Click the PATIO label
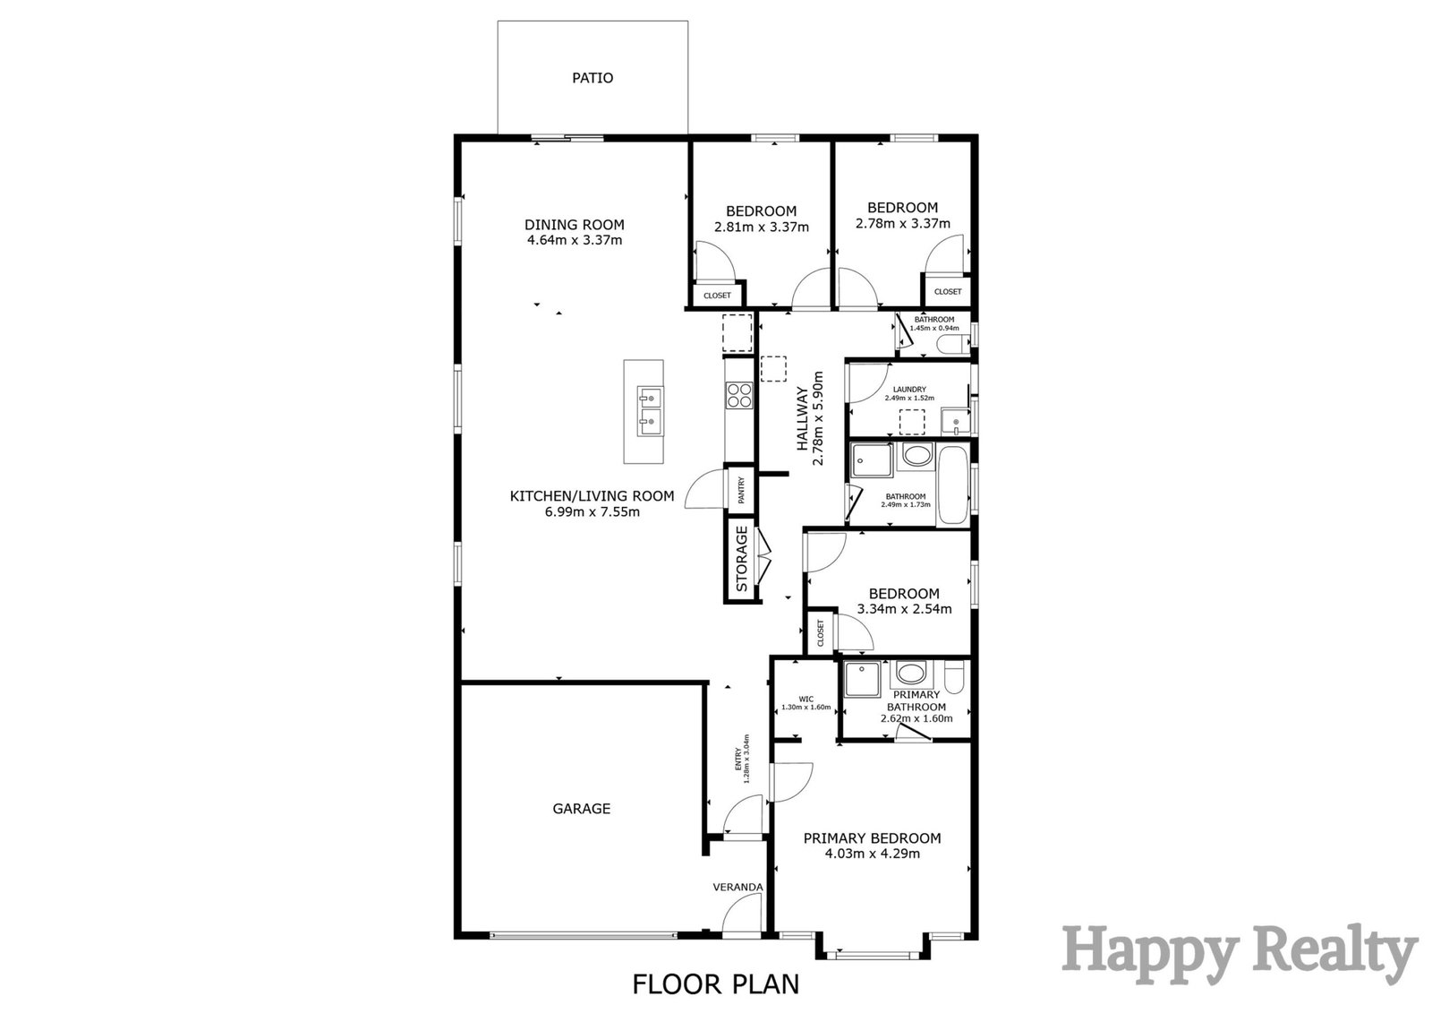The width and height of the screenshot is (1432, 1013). click(x=592, y=78)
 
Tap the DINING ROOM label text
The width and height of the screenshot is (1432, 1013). click(x=574, y=225)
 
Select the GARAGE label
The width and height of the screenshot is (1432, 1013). click(x=581, y=808)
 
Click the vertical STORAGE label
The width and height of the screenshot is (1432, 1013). click(x=742, y=559)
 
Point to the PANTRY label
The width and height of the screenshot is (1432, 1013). click(x=742, y=490)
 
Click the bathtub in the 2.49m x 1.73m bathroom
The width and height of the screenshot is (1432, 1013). click(x=953, y=486)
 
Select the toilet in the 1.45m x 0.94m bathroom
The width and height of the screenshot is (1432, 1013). click(x=953, y=345)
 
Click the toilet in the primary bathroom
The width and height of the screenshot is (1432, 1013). click(x=953, y=678)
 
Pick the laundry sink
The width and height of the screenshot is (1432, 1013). click(x=955, y=423)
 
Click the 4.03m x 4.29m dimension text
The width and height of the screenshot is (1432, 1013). click(x=872, y=853)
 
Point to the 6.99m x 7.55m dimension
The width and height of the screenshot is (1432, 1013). click(x=592, y=511)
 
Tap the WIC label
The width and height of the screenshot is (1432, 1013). click(x=806, y=699)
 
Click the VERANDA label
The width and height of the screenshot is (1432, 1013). click(x=737, y=887)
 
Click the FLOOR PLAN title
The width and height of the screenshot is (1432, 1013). click(x=715, y=984)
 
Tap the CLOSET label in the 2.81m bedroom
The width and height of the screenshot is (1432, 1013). click(x=717, y=296)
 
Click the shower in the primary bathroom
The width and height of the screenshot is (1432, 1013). click(x=863, y=680)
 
